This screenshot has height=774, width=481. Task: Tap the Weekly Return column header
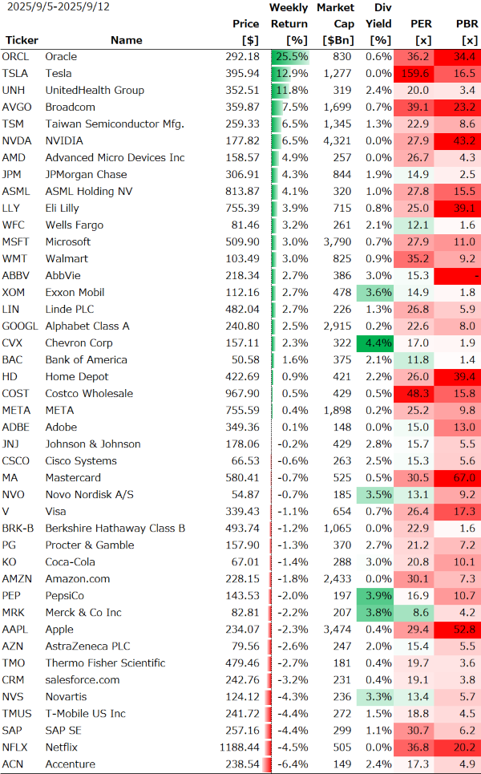coord(289,23)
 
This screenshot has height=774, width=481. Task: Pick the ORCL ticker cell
coord(16,57)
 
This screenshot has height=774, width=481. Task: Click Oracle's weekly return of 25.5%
coord(292,57)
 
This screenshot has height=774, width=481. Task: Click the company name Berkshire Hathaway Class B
coord(115,529)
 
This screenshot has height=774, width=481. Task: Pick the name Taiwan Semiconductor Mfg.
coord(115,124)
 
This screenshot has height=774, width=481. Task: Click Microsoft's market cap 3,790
coord(337,242)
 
